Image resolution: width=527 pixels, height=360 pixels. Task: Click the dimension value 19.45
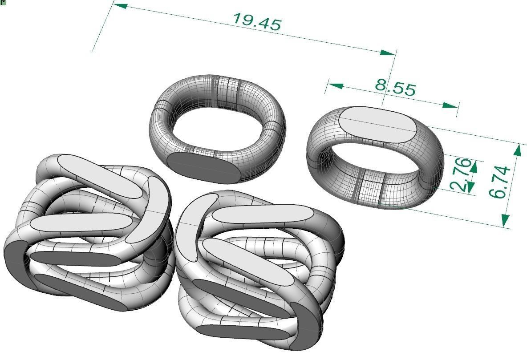pos(257,22)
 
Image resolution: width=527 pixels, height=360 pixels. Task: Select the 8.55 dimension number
pos(395,87)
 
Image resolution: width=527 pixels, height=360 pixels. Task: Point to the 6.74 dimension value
pos(499,182)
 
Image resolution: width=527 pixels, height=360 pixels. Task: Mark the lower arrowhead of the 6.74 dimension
pos(506,220)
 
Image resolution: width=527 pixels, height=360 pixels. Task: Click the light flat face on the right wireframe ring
pos(378,125)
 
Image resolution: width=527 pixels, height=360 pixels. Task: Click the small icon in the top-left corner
pos(4,3)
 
